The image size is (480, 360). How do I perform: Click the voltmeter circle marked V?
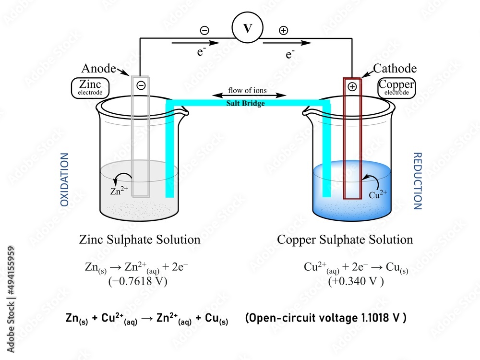coord(248,28)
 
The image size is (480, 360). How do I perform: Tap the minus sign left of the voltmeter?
coord(204,31)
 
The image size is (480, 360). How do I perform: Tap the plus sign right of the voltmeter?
coord(284,31)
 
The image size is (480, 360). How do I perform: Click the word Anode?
coord(98,68)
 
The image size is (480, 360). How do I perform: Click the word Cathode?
coord(395,69)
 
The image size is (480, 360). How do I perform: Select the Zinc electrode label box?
coord(90,88)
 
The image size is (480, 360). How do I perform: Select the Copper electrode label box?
coord(396,87)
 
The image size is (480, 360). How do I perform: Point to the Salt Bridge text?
coord(245,103)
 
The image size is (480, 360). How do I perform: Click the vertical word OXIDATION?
coord(65,180)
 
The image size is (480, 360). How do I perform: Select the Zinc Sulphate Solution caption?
coord(140,239)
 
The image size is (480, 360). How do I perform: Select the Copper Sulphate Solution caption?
coord(345,239)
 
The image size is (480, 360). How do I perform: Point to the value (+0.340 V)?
coord(356,281)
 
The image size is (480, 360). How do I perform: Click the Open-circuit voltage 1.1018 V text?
coord(325,318)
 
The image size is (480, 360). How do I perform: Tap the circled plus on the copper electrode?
coord(352,87)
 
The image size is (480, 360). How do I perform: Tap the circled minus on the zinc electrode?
coord(141,86)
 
